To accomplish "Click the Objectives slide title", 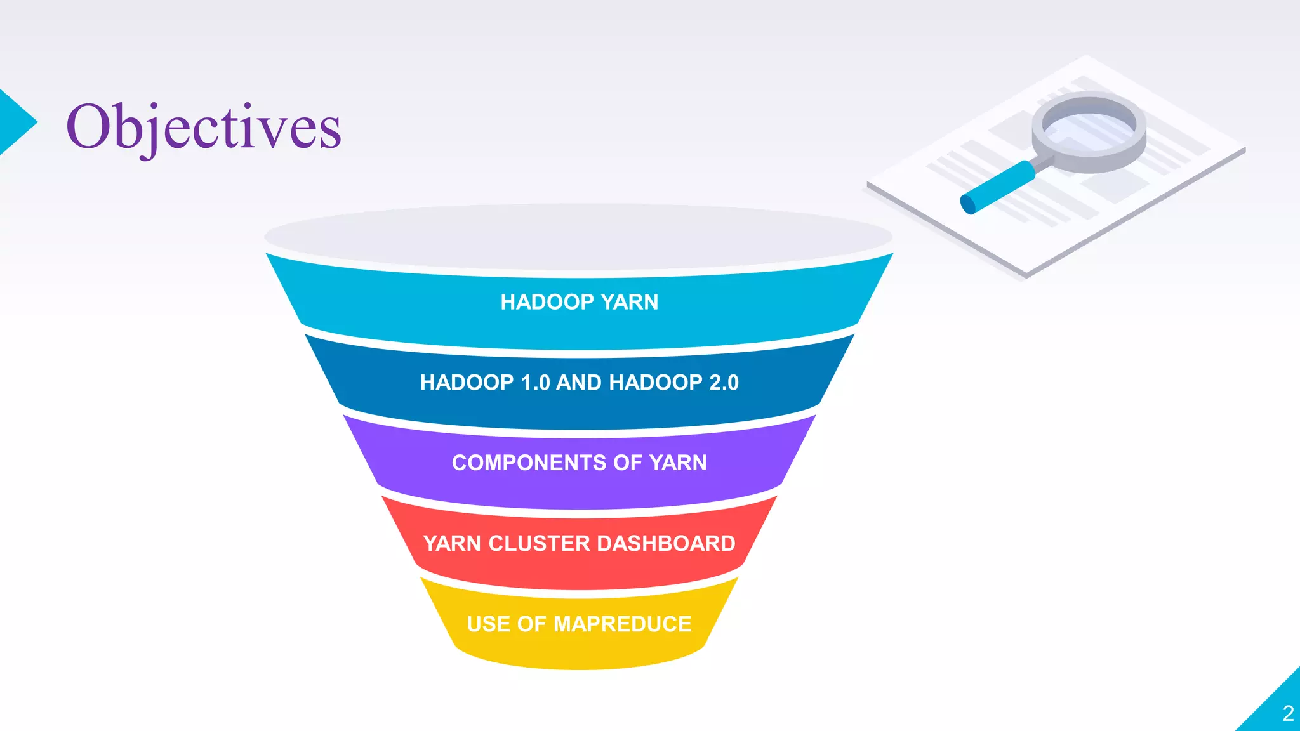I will point(203,127).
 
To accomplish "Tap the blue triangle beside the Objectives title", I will point(15,122).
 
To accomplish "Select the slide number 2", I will point(1288,713).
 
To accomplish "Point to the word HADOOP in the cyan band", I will point(547,302).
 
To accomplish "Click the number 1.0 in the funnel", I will point(535,383).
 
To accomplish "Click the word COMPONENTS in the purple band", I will point(529,463).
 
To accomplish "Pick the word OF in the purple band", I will point(627,463).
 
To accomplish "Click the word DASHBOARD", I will point(666,544).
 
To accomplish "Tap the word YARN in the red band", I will point(452,544).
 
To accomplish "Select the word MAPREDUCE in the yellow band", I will point(622,624).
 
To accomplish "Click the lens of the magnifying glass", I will point(1089,127).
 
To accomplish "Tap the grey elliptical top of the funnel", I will point(578,236).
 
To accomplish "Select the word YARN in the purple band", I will point(678,463).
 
